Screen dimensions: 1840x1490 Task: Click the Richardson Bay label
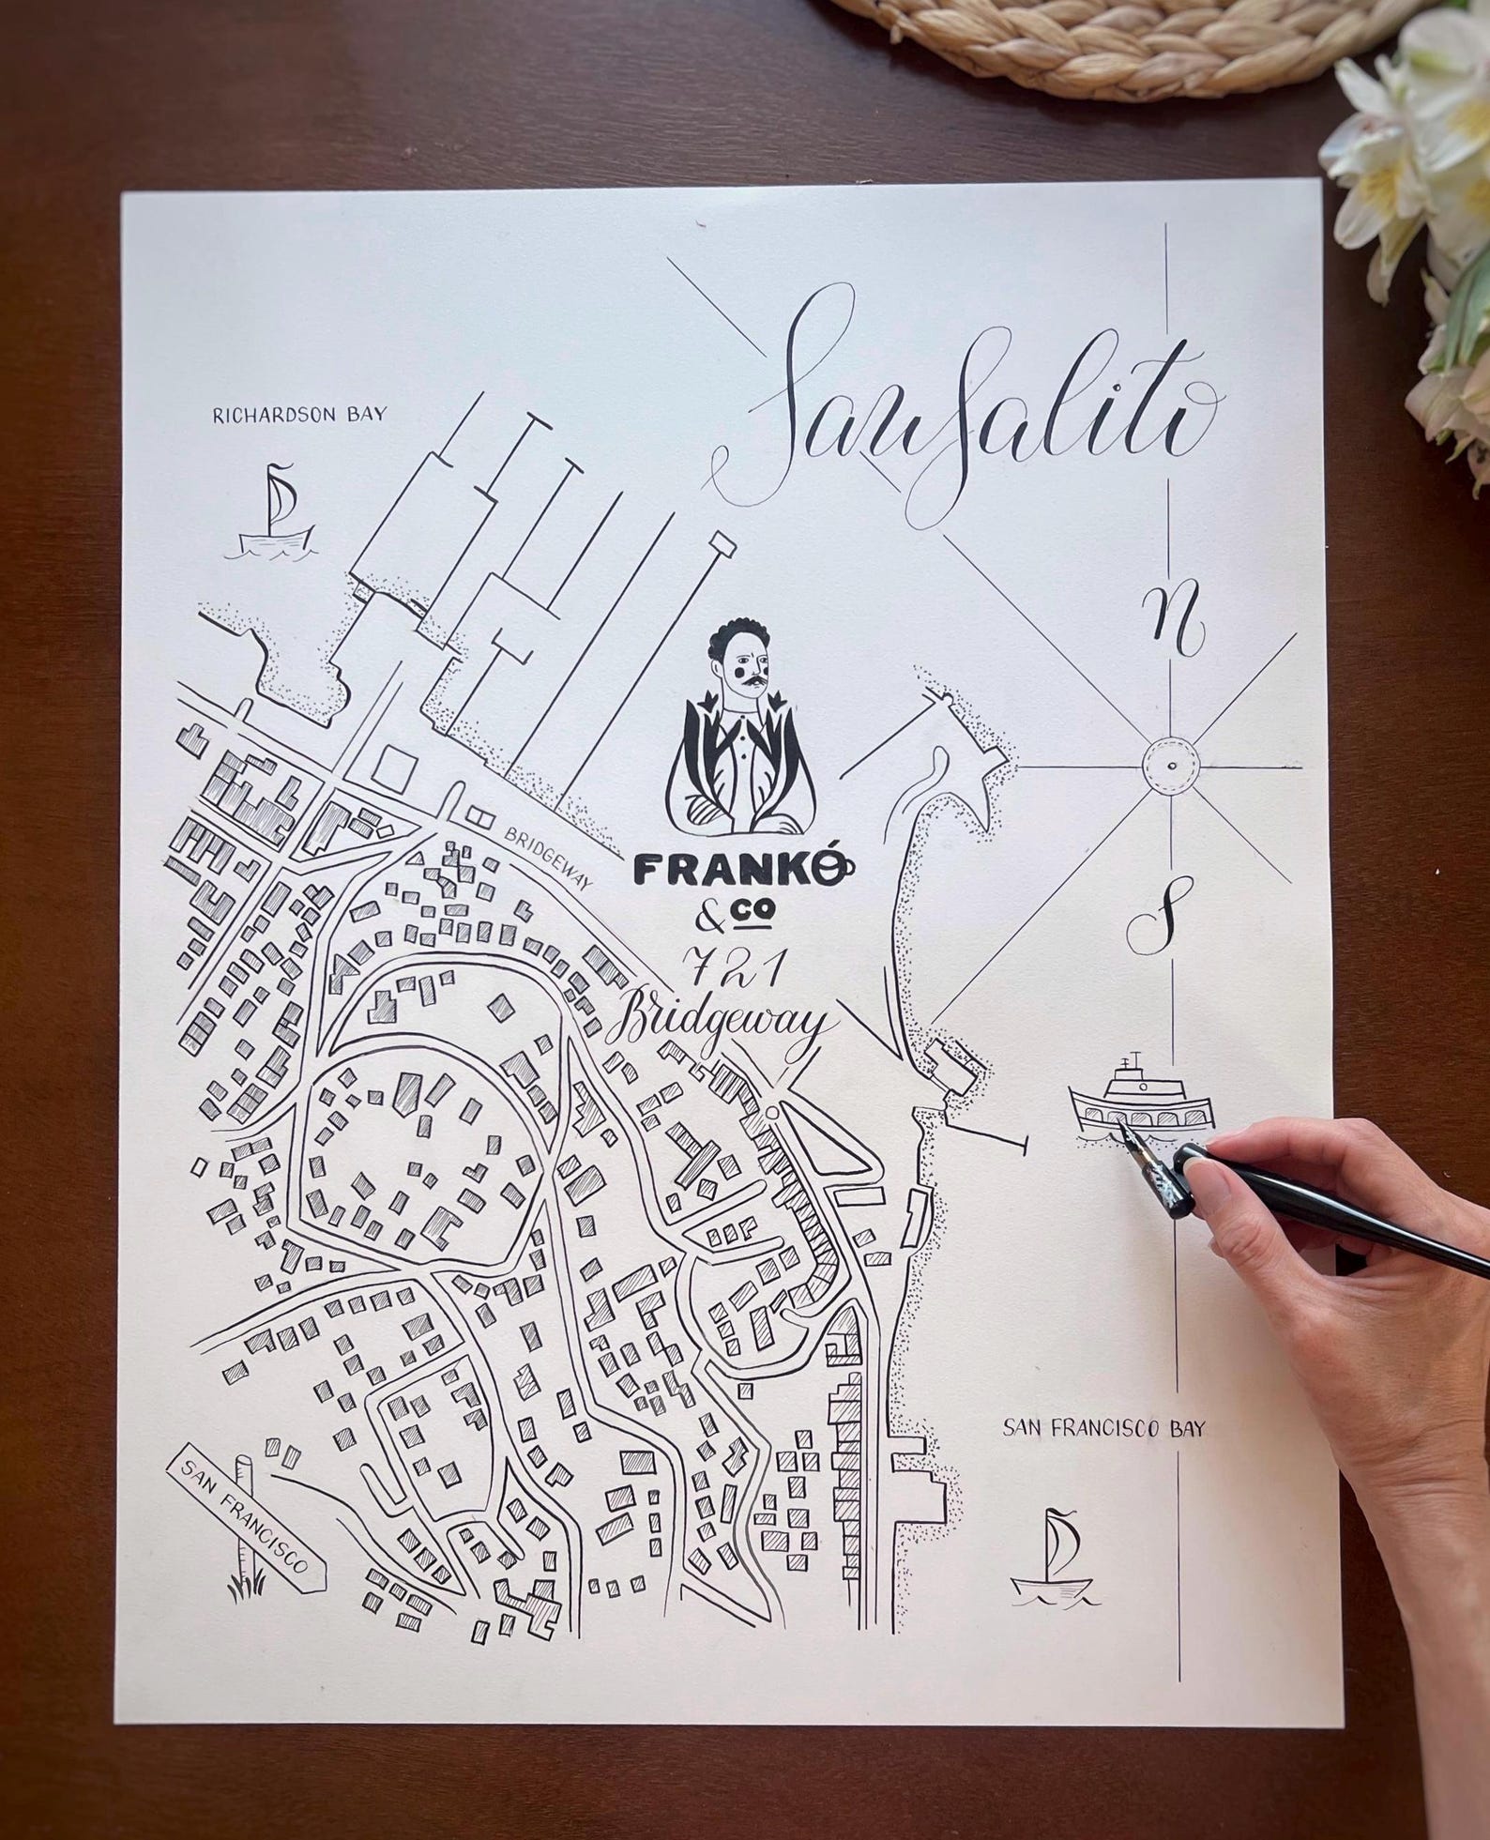pos(298,414)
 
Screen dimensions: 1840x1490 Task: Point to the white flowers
pos(1417,169)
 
